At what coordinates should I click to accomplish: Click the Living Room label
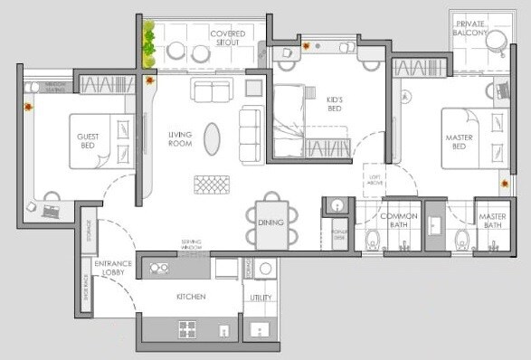coord(180,139)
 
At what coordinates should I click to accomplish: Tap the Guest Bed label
coord(87,140)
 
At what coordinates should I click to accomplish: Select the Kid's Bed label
coord(334,103)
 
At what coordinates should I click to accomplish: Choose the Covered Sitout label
coord(228,38)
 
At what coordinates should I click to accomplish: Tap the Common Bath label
coord(398,221)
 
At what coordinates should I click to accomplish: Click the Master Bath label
coord(492,221)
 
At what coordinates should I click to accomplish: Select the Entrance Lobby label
coord(114,268)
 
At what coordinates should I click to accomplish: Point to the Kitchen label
coord(191,297)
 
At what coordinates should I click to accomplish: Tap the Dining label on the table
coord(272,223)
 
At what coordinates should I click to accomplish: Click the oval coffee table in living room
coord(211,138)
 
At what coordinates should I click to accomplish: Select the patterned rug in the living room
coord(213,184)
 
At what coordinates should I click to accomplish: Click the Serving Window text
coord(191,244)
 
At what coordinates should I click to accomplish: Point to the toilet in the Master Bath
coord(464,240)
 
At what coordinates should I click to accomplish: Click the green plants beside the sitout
coord(148,45)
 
